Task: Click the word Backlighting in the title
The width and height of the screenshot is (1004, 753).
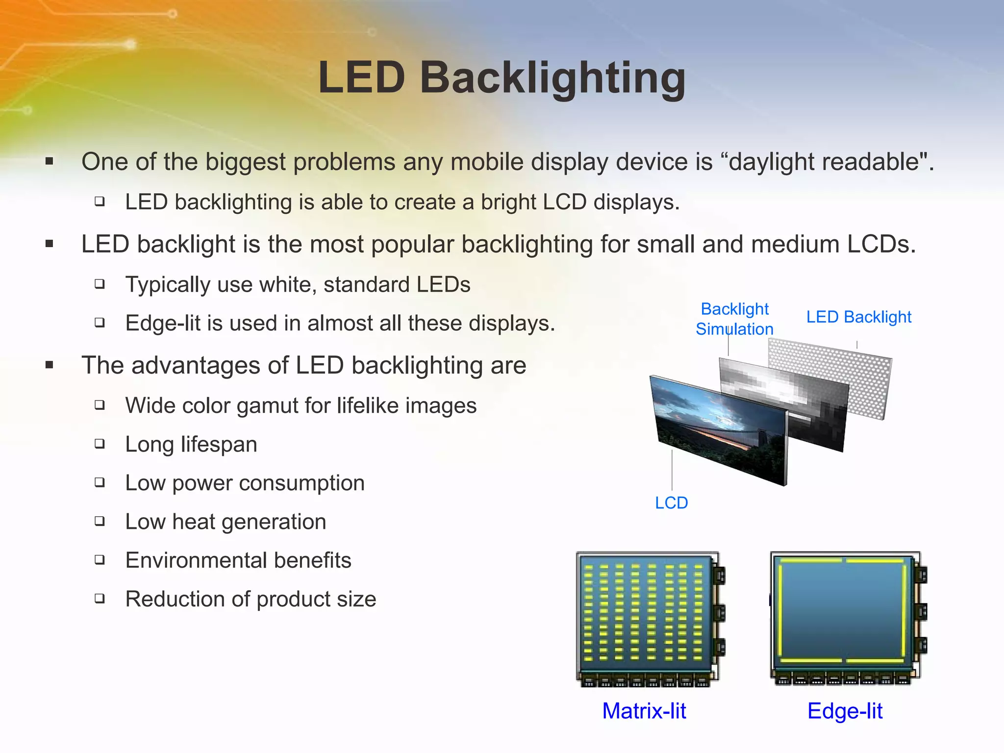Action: point(552,78)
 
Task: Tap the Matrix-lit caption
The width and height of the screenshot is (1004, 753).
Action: point(644,711)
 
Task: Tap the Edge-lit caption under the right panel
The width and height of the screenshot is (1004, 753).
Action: point(845,711)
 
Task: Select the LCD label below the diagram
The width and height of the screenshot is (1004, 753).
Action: point(671,503)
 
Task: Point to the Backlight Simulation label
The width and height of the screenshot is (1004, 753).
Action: point(734,319)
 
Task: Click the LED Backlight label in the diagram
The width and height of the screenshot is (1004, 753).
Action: point(858,317)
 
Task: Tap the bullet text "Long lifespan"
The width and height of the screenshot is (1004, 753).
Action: point(191,445)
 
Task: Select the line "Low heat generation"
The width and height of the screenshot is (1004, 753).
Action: point(226,522)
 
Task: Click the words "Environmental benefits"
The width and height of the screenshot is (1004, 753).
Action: point(238,560)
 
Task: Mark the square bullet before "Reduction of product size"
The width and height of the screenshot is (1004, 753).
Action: point(100,599)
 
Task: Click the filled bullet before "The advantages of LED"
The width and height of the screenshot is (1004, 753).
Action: point(49,365)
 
